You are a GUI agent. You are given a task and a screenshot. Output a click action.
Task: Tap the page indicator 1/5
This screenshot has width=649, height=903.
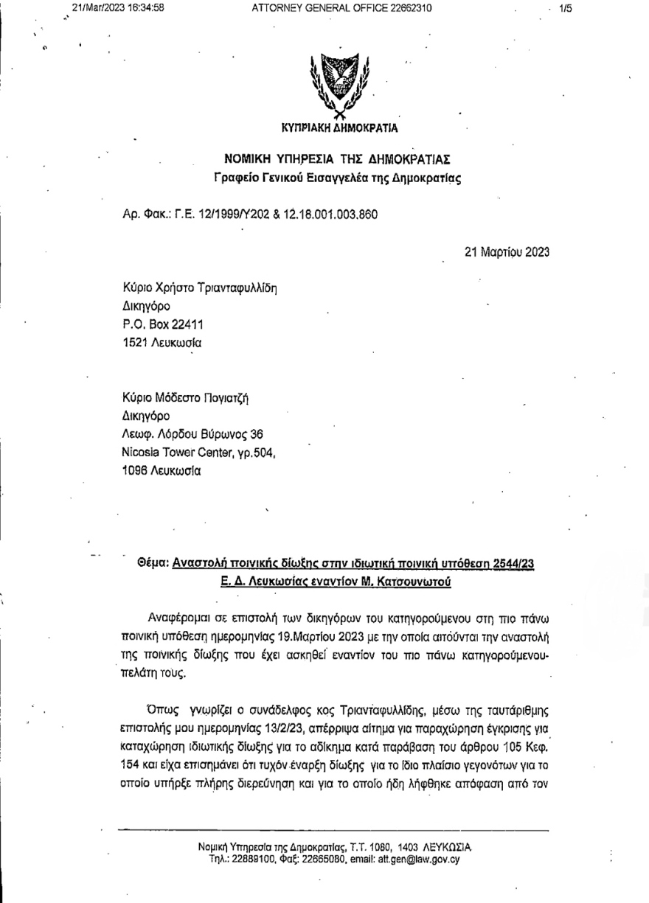[566, 8]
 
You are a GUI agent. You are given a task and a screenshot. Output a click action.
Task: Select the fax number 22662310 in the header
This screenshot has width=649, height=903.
[406, 8]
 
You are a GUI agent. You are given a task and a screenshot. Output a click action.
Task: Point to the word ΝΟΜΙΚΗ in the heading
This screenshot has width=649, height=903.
[252, 159]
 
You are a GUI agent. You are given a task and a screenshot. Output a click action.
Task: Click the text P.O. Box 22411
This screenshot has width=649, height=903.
[163, 324]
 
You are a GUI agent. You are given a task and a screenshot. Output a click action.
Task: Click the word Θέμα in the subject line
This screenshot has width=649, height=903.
[152, 564]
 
